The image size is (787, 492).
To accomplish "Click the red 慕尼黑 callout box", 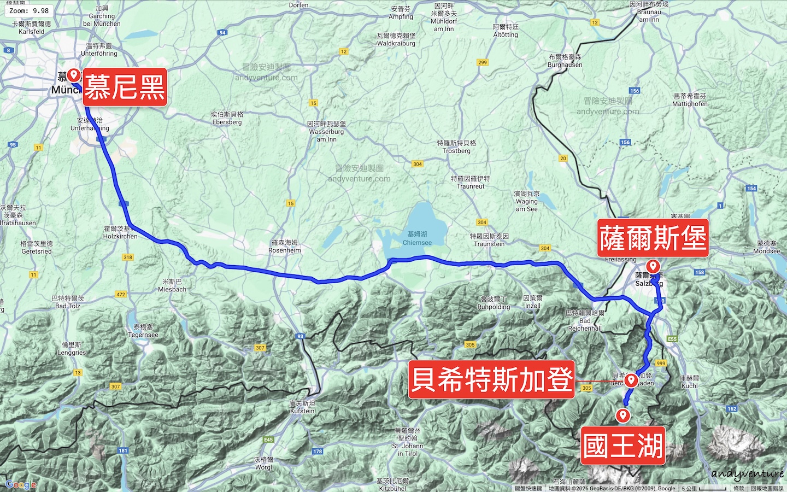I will [x=125, y=87].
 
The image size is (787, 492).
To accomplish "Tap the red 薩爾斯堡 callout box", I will [x=653, y=238].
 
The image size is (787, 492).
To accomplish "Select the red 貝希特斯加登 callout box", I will [x=491, y=379].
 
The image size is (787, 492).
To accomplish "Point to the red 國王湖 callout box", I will [x=622, y=446].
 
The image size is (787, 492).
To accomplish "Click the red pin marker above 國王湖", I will [x=622, y=415].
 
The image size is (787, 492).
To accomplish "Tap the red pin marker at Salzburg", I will [x=653, y=267].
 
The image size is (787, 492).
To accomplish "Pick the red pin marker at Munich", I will [x=74, y=75].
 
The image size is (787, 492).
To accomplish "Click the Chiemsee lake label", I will [x=417, y=238].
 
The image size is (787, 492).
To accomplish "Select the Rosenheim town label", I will [x=285, y=247].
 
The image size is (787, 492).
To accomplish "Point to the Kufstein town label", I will [x=302, y=407].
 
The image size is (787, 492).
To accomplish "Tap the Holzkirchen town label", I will [x=120, y=232].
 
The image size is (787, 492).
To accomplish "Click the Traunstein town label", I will [x=489, y=240].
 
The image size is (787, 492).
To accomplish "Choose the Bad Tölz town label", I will [x=68, y=302].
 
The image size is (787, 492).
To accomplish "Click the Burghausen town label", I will [x=565, y=61].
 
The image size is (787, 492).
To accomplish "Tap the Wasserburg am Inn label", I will [x=326, y=132].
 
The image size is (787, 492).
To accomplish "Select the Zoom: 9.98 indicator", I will [x=29, y=10].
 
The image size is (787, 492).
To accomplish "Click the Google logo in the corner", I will [x=21, y=484].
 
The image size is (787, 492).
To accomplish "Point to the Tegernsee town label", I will [x=143, y=331].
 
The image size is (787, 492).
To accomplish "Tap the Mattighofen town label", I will [x=690, y=100].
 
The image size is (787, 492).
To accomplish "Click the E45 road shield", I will [x=268, y=440].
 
